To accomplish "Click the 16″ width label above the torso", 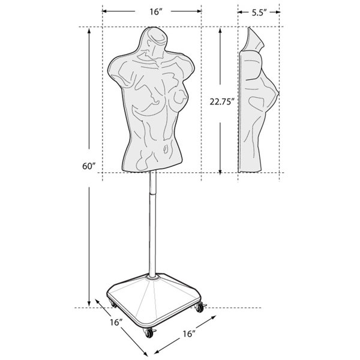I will point(151,11).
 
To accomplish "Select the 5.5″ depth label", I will point(259,11).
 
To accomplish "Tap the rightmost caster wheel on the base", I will point(199,308).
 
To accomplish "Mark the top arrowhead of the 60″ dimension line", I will point(91,30).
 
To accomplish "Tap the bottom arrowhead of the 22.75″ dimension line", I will point(221,170).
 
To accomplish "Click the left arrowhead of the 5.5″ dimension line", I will point(239,11).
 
